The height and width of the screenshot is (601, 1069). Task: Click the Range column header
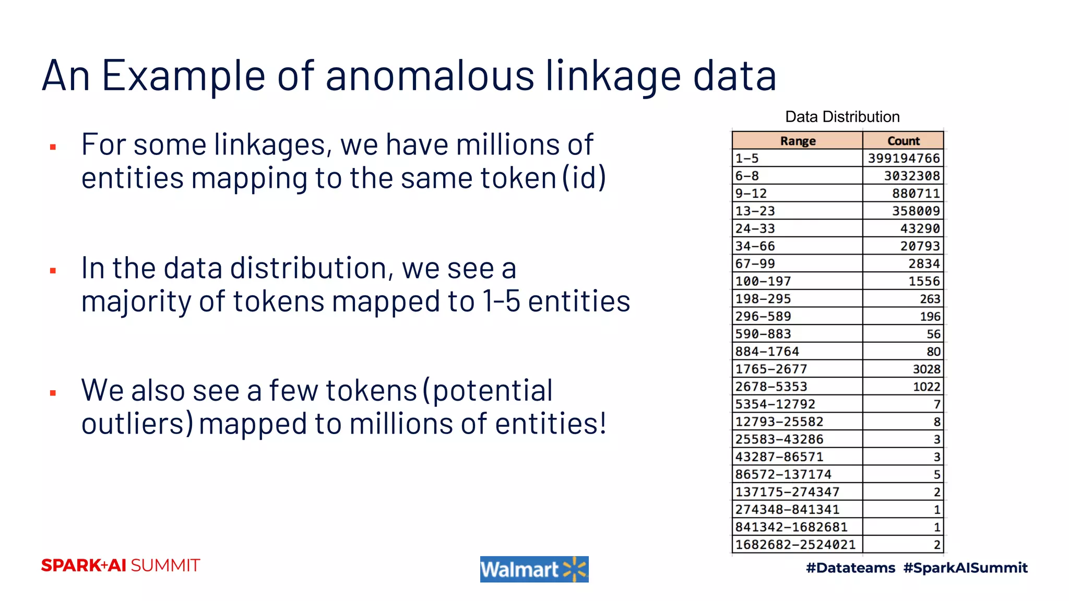pos(797,141)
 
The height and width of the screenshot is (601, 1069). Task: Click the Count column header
pos(903,141)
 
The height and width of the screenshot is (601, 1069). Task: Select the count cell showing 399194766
pos(904,158)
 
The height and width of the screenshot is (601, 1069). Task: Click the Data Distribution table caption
pos(842,117)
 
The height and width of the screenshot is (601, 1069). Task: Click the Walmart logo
pos(534,569)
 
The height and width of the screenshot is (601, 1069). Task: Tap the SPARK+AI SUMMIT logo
pos(121,566)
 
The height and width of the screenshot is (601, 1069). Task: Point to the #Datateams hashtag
pos(850,568)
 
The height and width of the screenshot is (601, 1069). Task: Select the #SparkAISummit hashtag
pos(965,568)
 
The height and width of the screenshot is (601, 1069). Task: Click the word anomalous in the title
pos(431,76)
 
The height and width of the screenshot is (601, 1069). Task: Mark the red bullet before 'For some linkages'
pos(53,147)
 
